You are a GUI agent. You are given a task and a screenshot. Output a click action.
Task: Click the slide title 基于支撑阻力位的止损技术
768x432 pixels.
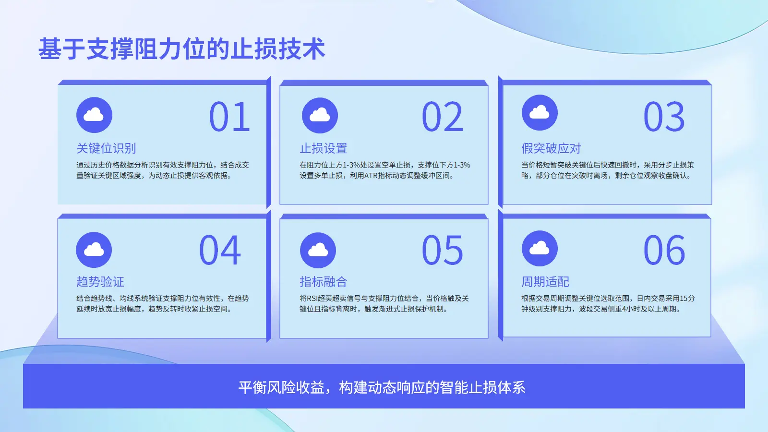(x=182, y=48)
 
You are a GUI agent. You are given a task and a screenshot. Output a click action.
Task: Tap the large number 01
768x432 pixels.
(x=229, y=117)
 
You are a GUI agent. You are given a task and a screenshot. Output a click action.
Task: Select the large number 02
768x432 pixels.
(x=442, y=117)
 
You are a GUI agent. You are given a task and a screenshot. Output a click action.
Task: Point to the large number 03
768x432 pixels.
(x=664, y=117)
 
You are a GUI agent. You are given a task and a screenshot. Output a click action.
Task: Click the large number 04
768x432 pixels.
(x=220, y=250)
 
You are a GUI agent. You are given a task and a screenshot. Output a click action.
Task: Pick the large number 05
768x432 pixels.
(x=442, y=250)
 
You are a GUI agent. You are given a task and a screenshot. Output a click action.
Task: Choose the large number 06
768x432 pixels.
(x=664, y=250)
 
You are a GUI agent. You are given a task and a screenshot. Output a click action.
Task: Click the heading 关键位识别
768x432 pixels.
(x=106, y=148)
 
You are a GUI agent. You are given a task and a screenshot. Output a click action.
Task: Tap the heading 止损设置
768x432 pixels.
(x=324, y=148)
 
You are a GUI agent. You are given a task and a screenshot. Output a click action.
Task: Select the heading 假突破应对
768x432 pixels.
(x=552, y=148)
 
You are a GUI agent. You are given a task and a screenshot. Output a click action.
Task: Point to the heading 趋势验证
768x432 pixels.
(x=100, y=281)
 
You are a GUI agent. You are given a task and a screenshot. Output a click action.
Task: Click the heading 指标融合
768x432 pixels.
(x=324, y=281)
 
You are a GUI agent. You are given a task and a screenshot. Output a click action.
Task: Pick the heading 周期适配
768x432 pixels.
(x=545, y=281)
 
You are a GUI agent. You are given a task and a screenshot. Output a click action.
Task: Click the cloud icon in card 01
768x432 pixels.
(x=94, y=115)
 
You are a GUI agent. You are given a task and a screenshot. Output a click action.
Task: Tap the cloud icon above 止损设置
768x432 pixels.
(x=320, y=116)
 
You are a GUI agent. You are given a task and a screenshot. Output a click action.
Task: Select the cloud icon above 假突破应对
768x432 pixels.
(x=540, y=112)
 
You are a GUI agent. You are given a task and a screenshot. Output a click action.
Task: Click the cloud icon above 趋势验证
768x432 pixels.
(x=94, y=250)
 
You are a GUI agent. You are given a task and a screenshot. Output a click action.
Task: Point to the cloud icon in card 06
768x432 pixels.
(x=540, y=249)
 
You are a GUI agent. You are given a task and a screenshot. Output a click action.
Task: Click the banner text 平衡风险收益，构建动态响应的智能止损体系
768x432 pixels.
(x=382, y=387)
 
